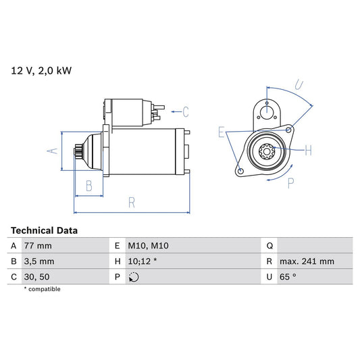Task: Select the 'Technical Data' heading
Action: pyautogui.click(x=44, y=230)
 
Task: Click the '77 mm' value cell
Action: pyautogui.click(x=38, y=246)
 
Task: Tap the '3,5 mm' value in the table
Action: pyautogui.click(x=40, y=261)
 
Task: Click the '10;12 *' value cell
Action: pyautogui.click(x=143, y=261)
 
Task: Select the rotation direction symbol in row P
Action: pyautogui.click(x=133, y=277)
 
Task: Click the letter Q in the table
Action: pyautogui.click(x=269, y=246)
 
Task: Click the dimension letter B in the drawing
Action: pyautogui.click(x=88, y=186)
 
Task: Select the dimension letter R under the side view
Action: pyautogui.click(x=132, y=202)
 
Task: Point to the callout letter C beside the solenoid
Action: pyautogui.click(x=185, y=111)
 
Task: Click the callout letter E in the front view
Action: pyautogui.click(x=221, y=133)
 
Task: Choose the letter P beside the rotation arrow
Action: pyautogui.click(x=292, y=182)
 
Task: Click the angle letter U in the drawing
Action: pyautogui.click(x=299, y=86)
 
